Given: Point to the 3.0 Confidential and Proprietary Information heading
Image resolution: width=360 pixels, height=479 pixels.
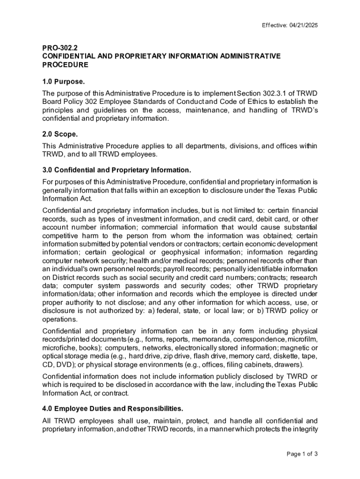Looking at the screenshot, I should pos(116,169).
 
